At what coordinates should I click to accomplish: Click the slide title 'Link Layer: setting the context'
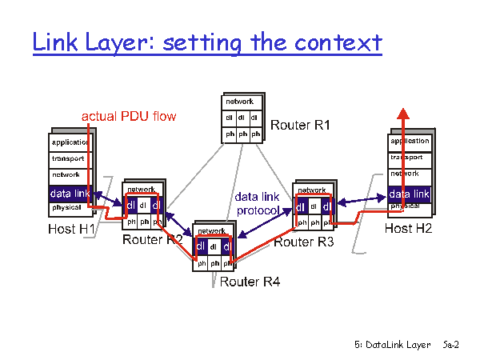pos(207,42)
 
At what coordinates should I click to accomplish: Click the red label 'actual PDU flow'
pos(129,117)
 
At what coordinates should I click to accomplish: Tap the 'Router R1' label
pos(300,126)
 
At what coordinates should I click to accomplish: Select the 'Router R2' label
pos(152,239)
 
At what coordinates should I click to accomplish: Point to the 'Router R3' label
pos(304,242)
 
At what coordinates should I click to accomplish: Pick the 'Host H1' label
pos(70,230)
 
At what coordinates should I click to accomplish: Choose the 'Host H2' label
pos(408,229)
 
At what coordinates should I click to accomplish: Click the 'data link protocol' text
pos(257,203)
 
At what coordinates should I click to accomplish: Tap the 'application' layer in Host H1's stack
pos(70,142)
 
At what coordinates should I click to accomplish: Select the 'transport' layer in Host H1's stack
pos(68,158)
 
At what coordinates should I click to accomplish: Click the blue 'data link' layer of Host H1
pos(70,193)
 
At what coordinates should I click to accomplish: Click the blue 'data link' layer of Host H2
pos(410,194)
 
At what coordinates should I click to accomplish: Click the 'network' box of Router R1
pos(240,102)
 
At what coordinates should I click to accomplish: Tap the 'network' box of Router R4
pos(212,231)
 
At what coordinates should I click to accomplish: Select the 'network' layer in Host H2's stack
pos(405,174)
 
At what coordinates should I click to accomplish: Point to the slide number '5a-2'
pos(450,345)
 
